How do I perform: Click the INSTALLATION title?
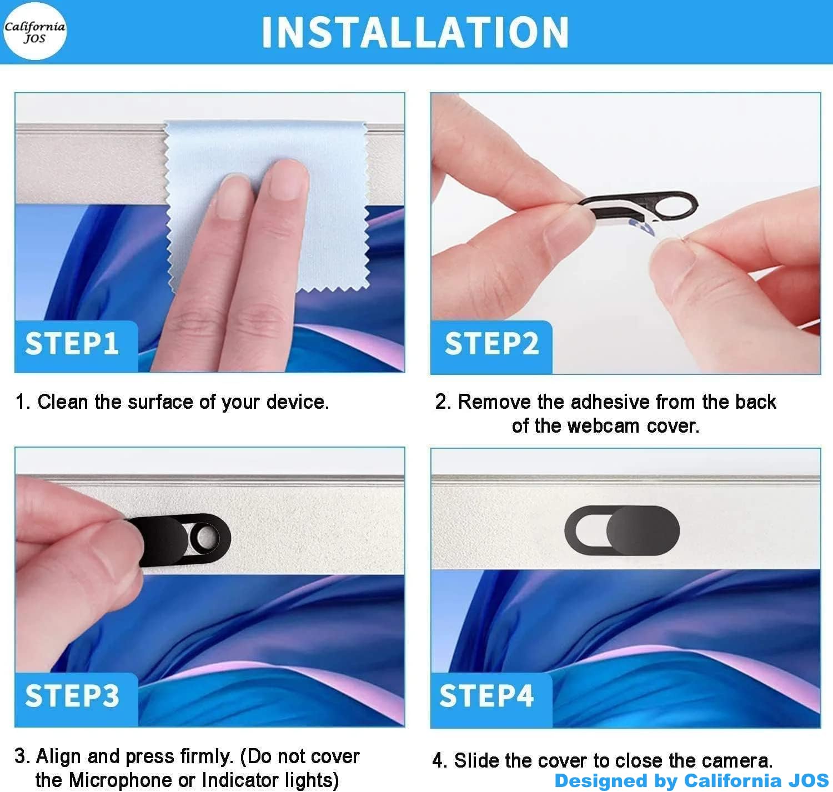(x=415, y=32)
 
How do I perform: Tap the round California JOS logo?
(x=35, y=31)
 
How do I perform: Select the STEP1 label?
(x=72, y=343)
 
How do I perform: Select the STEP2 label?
(x=491, y=343)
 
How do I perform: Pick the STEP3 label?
(x=72, y=696)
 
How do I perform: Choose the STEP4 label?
(x=486, y=696)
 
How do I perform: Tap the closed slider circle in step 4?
(x=643, y=530)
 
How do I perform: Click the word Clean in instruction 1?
(x=63, y=402)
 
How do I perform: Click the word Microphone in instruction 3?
(x=132, y=780)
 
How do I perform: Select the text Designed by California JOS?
(x=691, y=780)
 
